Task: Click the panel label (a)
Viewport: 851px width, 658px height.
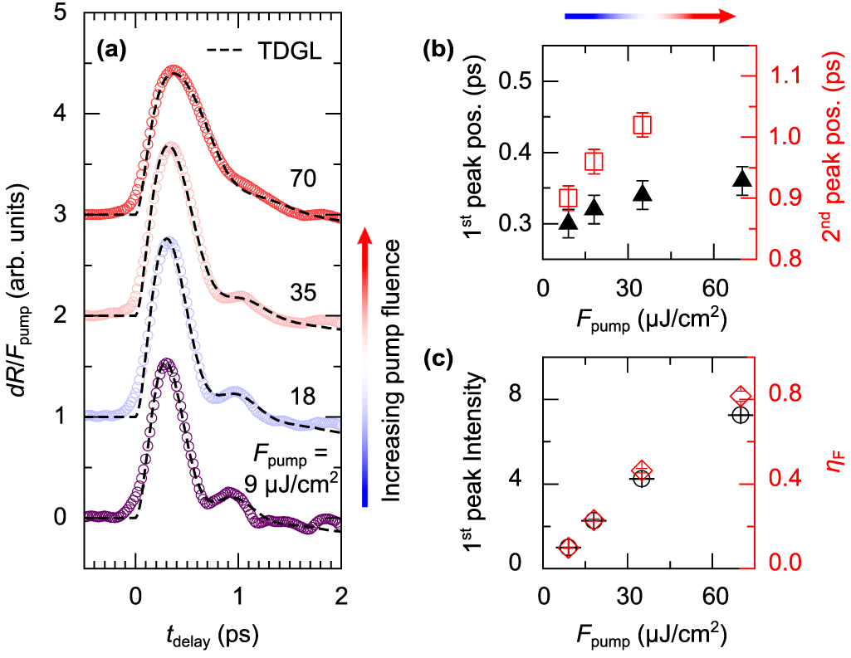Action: click(x=111, y=51)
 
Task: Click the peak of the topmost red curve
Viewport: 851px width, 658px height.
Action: click(x=173, y=71)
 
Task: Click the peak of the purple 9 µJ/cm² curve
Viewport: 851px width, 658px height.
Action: click(x=167, y=363)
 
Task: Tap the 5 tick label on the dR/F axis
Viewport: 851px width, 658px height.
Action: click(x=61, y=14)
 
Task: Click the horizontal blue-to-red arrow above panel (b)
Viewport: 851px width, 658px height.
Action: click(x=648, y=16)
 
